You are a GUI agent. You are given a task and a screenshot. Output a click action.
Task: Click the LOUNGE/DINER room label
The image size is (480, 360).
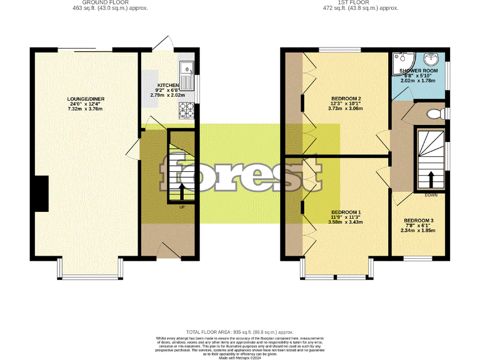pos(86,99)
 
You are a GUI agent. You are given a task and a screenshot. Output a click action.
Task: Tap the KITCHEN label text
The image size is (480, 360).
pos(167,85)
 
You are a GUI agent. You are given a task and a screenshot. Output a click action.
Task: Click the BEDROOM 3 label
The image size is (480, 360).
pos(418,221)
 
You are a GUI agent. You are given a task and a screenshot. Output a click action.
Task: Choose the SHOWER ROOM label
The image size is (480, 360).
pos(419,70)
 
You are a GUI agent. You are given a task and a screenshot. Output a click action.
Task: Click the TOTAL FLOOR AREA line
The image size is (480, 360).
pos(240,332)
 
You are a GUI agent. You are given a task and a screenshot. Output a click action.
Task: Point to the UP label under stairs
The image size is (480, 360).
pos(182,207)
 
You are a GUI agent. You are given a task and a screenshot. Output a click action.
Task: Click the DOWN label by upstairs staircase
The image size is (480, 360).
pos(431,195)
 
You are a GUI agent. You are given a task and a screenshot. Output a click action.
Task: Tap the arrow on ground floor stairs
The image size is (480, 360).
pos(182,190)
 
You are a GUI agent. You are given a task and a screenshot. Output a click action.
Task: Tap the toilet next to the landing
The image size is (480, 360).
pos(431,114)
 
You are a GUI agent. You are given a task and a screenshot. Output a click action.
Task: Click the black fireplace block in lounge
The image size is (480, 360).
pos(41,195)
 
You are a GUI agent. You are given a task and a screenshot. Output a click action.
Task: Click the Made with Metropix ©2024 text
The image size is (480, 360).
pos(240,357)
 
